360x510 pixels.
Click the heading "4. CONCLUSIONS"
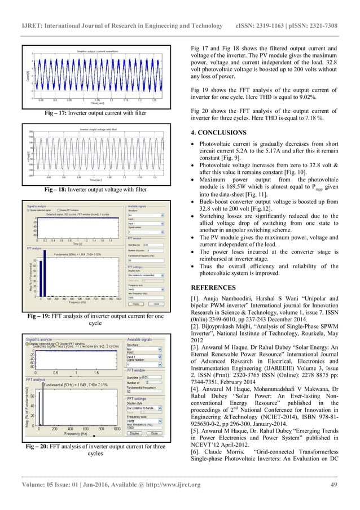(x=219, y=133)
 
